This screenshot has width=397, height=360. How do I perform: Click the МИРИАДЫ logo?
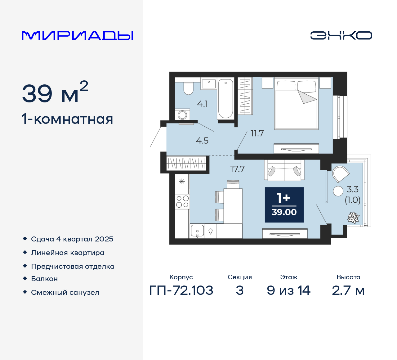(77, 35)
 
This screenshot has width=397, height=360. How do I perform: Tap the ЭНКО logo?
(341, 35)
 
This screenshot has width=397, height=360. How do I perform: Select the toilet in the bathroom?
(188, 88)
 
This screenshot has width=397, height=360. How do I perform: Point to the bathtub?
(225, 99)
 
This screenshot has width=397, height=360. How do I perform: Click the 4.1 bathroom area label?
(203, 104)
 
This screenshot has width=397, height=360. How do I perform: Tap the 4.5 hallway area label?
(202, 141)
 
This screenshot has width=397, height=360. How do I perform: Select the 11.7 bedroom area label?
(257, 133)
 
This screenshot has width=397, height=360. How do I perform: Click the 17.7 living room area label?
(237, 169)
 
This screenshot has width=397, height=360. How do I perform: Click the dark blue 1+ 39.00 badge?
(284, 205)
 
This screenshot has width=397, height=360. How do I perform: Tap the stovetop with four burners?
(182, 201)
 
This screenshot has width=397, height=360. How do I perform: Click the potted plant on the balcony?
(353, 218)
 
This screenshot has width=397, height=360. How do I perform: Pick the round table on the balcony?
(338, 191)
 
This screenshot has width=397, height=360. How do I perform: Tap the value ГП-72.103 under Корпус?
(181, 290)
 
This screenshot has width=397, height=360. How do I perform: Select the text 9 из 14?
(288, 290)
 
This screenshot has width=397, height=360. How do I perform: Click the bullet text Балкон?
(44, 279)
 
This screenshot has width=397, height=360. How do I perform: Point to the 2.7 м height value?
(348, 290)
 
